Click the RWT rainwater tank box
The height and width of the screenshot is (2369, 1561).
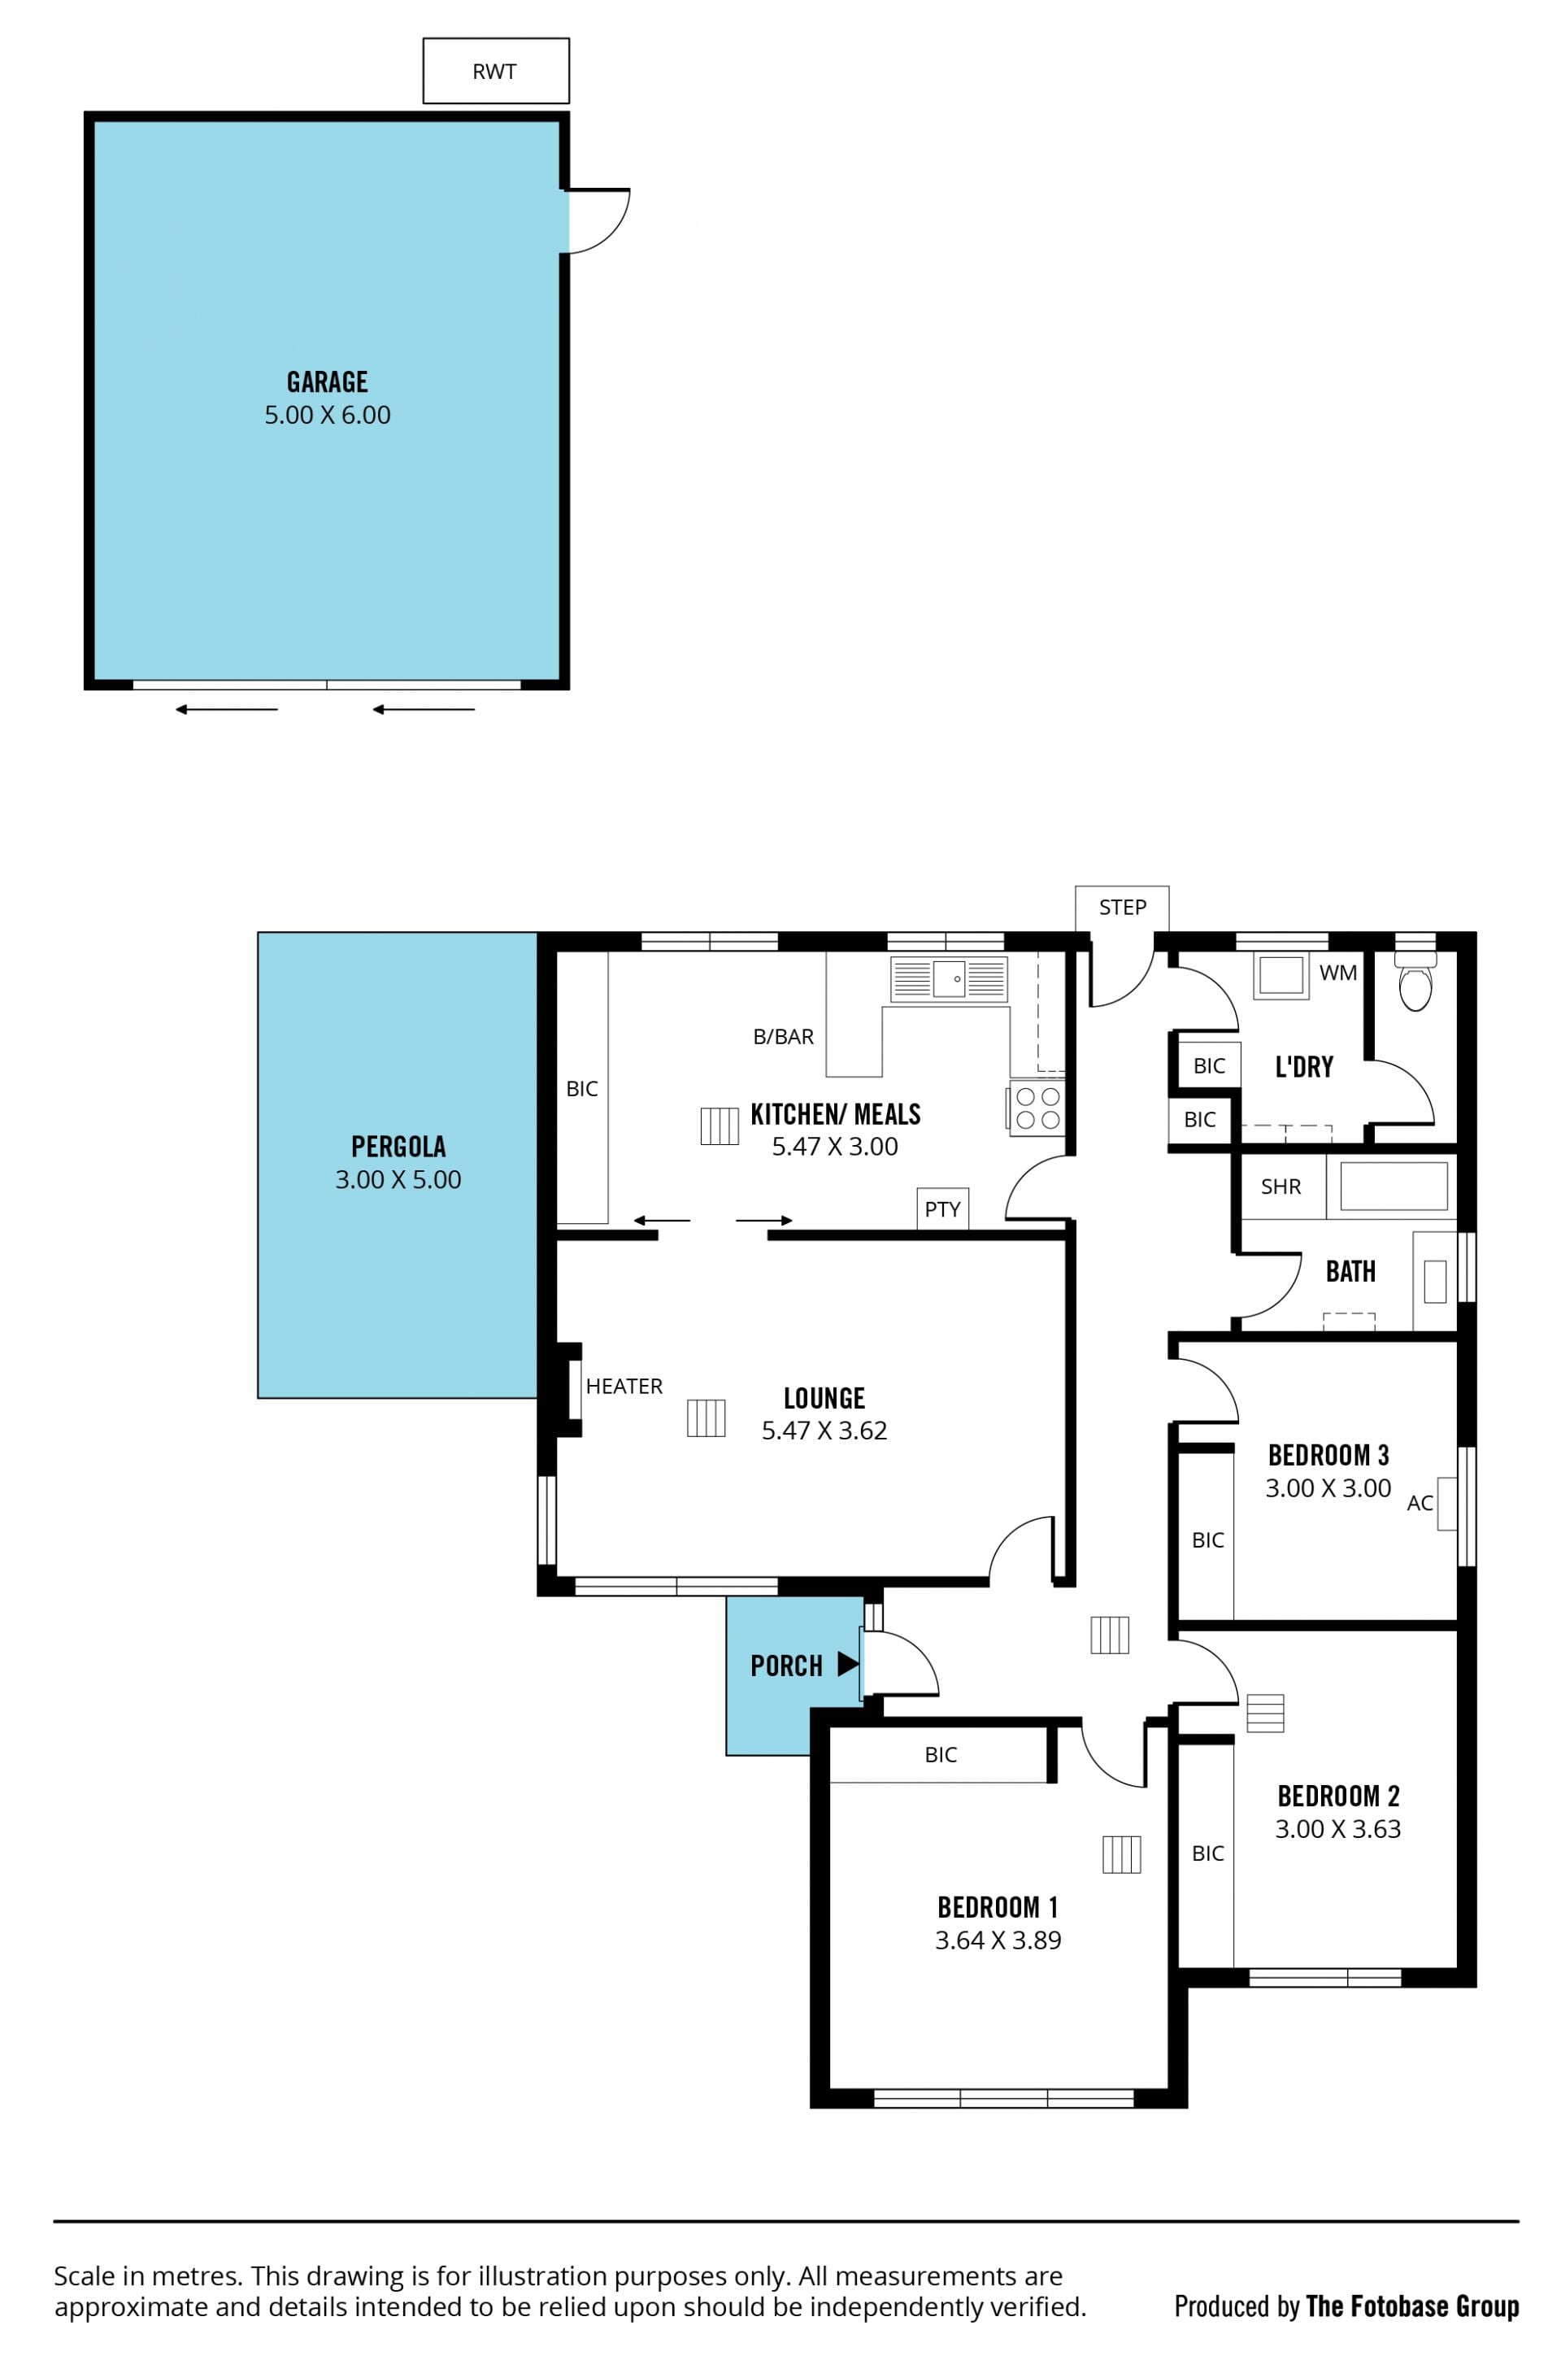(x=496, y=71)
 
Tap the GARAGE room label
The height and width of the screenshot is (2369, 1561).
(x=328, y=382)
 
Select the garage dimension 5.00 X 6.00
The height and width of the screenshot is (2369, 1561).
(x=328, y=416)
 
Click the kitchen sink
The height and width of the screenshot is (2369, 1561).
(x=949, y=979)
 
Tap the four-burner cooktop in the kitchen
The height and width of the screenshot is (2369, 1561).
(x=1037, y=1108)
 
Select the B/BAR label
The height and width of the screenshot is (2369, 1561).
(x=784, y=1037)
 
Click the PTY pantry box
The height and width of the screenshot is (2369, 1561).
(x=943, y=1208)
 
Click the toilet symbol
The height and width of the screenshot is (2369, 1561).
(x=1415, y=980)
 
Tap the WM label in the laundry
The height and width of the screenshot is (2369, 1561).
(x=1338, y=973)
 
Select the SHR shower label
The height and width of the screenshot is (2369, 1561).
(x=1281, y=1187)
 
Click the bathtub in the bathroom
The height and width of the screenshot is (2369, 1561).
(x=1393, y=1186)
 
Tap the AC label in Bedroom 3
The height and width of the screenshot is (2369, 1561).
(x=1420, y=1504)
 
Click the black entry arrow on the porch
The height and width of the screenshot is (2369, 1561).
(x=848, y=1664)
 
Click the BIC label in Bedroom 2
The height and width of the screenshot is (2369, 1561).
(x=1207, y=1853)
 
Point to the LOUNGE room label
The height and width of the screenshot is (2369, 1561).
(x=824, y=1398)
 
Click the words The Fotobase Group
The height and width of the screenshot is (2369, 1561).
(x=1411, y=2306)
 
